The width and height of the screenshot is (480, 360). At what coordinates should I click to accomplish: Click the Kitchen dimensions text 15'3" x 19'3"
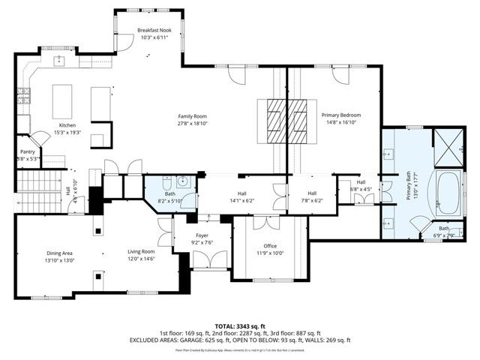[68, 133]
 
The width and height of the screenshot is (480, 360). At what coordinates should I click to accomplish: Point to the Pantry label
[28, 151]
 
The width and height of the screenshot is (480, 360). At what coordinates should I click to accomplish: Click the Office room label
[269, 245]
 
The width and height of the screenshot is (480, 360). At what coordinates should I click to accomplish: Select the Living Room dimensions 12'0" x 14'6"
[140, 259]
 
